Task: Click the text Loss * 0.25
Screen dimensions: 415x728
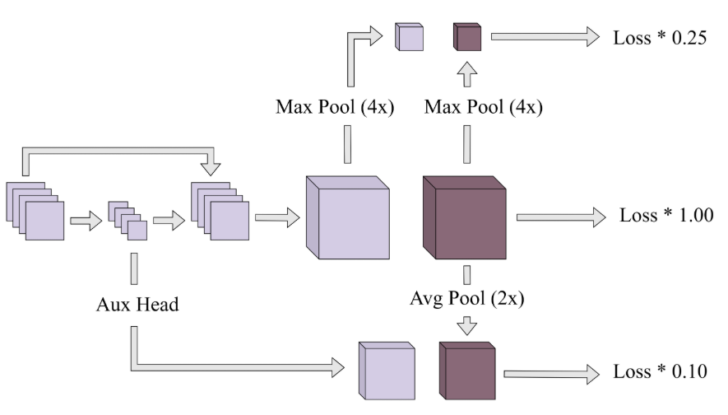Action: click(660, 38)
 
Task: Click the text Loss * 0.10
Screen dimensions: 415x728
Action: click(660, 371)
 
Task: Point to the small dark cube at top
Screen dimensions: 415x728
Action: click(466, 37)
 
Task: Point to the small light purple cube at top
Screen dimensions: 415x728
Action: click(409, 37)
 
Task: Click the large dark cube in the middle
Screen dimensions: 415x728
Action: click(463, 220)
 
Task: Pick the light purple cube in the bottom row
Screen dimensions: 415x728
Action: click(386, 371)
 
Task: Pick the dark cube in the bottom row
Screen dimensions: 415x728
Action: click(466, 371)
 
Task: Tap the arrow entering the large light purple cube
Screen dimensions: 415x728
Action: click(276, 218)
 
